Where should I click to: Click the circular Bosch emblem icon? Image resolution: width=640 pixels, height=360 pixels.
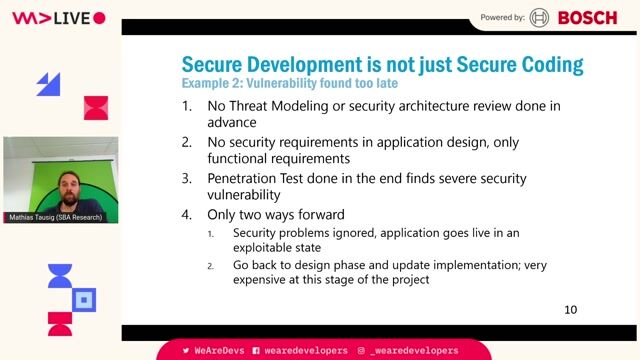[540, 17]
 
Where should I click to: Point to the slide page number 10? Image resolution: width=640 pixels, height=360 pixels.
[571, 310]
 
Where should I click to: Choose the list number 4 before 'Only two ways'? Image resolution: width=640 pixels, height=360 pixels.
[186, 215]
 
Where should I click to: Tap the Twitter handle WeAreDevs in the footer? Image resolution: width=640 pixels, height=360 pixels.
[213, 351]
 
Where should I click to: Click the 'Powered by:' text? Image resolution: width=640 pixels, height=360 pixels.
[503, 17]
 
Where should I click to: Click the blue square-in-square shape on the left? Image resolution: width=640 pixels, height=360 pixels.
[84, 298]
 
